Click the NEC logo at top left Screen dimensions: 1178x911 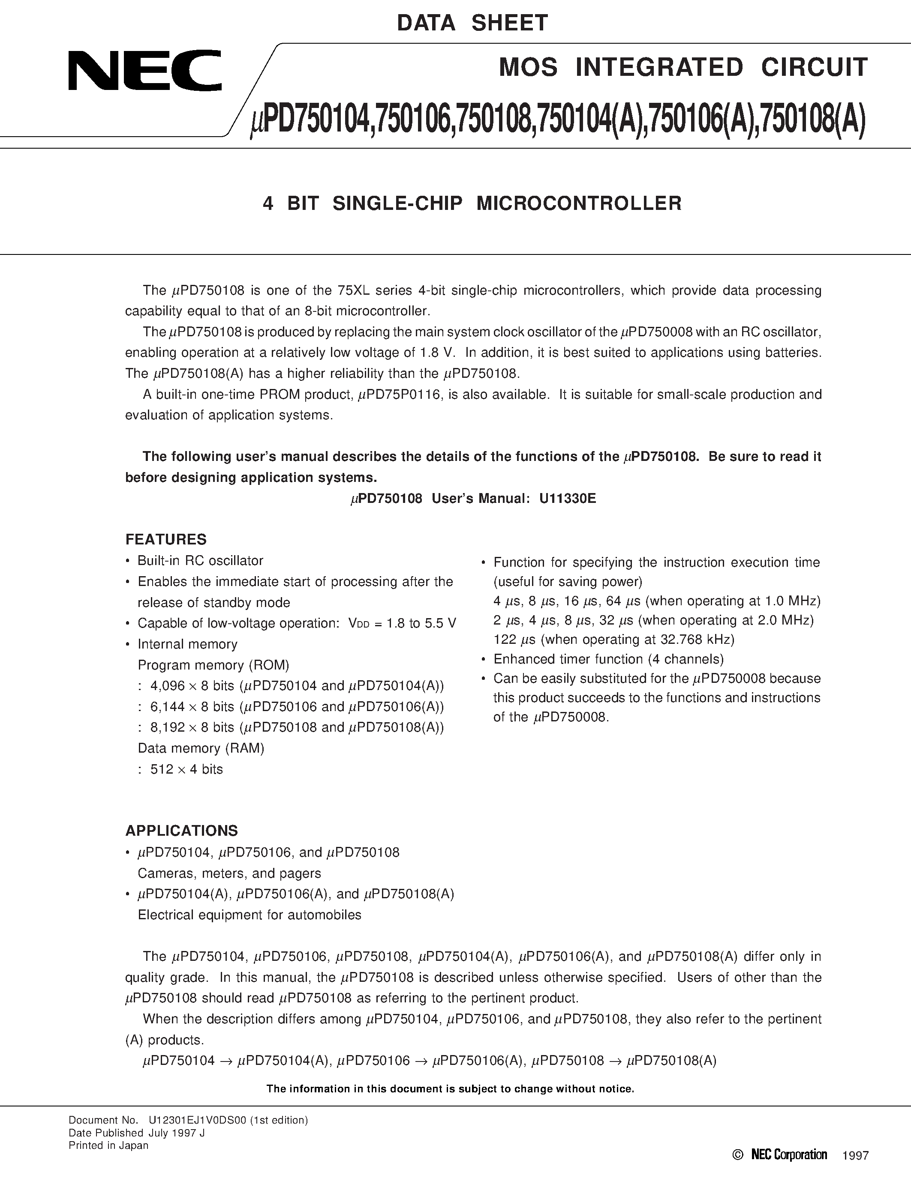pyautogui.click(x=144, y=70)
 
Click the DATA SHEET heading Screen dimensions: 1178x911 pyautogui.click(x=472, y=23)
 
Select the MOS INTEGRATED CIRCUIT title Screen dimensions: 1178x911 pyautogui.click(x=683, y=67)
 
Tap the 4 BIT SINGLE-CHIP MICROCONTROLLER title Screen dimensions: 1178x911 pyautogui.click(x=472, y=203)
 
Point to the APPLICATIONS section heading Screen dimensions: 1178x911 pyautogui.click(x=181, y=831)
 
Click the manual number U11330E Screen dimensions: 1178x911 pyautogui.click(x=567, y=498)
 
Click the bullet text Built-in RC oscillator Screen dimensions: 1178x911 pyautogui.click(x=200, y=561)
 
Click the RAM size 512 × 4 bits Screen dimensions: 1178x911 pyautogui.click(x=187, y=769)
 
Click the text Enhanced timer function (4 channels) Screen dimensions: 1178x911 pyautogui.click(x=608, y=659)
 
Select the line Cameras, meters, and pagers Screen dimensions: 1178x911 pyautogui.click(x=229, y=873)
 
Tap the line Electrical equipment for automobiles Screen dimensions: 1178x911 pyautogui.click(x=250, y=915)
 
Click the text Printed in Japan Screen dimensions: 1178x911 pyautogui.click(x=108, y=1145)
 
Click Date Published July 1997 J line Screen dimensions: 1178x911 pyautogui.click(x=136, y=1133)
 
